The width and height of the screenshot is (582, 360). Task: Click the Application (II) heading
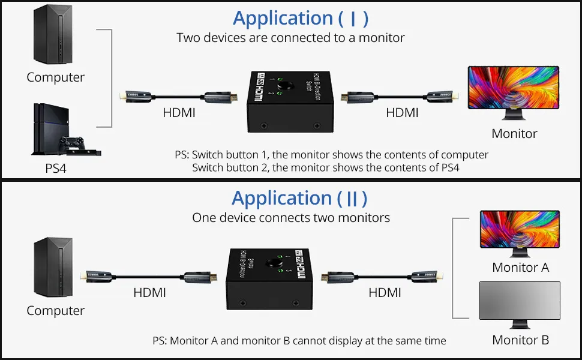click(299, 198)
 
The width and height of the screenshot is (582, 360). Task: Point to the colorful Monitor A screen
click(520, 229)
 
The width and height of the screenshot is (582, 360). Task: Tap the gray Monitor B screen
click(520, 300)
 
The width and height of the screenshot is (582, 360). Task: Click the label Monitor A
click(520, 268)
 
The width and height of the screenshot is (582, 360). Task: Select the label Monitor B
click(520, 340)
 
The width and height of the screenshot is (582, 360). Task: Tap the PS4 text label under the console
click(56, 169)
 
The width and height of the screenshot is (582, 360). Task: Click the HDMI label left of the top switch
click(179, 112)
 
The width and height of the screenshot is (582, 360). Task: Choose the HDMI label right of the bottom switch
click(385, 293)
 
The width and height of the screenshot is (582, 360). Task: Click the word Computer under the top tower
click(55, 77)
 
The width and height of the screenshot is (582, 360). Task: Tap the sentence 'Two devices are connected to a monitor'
click(290, 38)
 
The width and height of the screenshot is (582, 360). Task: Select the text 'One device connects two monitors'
click(291, 217)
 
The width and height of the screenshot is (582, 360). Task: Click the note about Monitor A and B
click(299, 341)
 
